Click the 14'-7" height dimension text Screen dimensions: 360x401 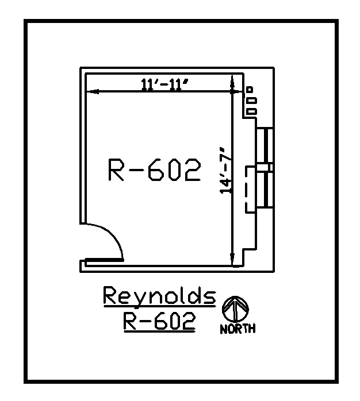point(228,171)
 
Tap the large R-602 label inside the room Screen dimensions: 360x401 point(154,171)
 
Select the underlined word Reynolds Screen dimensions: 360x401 point(159,296)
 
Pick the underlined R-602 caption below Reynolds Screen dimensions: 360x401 point(159,322)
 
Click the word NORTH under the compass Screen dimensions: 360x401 point(238,329)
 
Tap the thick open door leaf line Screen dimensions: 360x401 point(104,260)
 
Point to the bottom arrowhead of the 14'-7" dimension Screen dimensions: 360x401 point(232,260)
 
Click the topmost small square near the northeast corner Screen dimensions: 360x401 point(250,90)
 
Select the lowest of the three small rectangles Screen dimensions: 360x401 point(251,111)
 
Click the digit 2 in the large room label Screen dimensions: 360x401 point(192,171)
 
